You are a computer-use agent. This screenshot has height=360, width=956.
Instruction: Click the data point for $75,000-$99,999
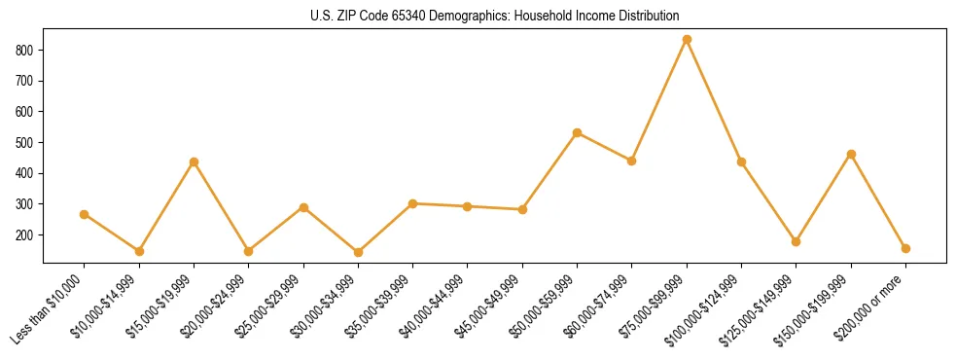click(x=687, y=39)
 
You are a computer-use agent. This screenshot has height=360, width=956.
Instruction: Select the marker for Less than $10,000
click(x=84, y=214)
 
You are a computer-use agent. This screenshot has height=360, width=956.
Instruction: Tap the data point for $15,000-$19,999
click(x=194, y=162)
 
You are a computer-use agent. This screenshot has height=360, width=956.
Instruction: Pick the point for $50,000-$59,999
click(x=578, y=132)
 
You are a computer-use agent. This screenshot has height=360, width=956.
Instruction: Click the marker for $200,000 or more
click(x=906, y=248)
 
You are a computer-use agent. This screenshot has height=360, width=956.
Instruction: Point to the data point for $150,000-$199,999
click(x=852, y=154)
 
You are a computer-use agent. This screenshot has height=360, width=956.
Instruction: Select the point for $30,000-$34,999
click(x=358, y=252)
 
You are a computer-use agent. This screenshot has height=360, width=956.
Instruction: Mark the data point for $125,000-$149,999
click(x=797, y=241)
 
